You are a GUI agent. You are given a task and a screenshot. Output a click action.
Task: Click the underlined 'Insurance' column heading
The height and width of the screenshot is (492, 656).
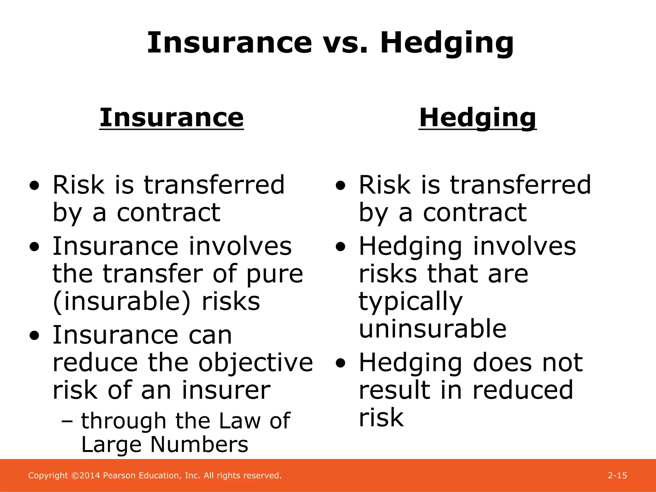(172, 118)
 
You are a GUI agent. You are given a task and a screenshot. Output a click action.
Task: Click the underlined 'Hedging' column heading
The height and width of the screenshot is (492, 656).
(477, 118)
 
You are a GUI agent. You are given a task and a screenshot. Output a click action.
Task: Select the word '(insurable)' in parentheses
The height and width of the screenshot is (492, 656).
(121, 302)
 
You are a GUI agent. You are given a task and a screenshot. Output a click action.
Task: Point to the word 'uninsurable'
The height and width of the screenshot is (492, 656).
(432, 329)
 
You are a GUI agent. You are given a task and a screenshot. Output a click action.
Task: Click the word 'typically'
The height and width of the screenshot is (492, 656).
(411, 302)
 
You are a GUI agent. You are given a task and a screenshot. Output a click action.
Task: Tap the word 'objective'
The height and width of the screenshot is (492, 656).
(255, 363)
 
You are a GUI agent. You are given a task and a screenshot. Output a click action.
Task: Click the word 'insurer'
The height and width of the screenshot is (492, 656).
(226, 390)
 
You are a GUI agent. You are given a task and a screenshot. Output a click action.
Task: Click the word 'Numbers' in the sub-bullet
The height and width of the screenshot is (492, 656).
(199, 445)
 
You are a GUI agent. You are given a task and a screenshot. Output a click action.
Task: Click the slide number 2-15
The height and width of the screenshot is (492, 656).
(617, 475)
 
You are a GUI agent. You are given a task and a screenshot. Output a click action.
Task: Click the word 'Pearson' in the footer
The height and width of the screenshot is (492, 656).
(119, 475)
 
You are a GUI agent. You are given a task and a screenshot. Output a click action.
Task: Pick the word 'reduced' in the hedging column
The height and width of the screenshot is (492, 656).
(522, 390)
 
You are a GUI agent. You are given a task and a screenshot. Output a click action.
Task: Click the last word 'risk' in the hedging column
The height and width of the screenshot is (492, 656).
(381, 418)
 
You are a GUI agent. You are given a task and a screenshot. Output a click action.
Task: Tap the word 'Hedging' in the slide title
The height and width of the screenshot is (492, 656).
(447, 43)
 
